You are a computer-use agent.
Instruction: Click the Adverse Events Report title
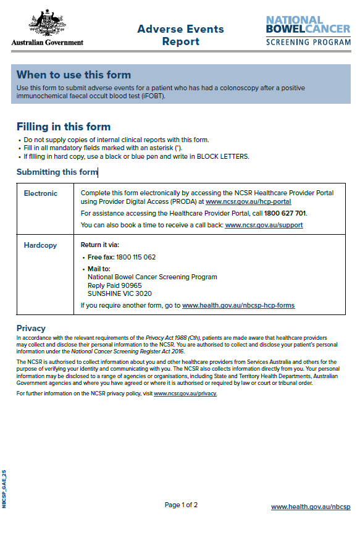[x=180, y=35]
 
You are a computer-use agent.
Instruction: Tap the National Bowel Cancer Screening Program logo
[x=308, y=31]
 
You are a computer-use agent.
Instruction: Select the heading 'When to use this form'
[x=73, y=75]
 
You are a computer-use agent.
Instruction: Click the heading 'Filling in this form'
[x=63, y=127]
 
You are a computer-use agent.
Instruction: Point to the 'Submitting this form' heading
[x=57, y=172]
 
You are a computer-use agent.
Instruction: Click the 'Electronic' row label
[x=41, y=193]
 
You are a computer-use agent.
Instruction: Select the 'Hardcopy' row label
[x=40, y=245]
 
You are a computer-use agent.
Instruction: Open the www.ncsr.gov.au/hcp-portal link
[x=248, y=201]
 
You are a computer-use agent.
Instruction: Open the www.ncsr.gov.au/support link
[x=264, y=225]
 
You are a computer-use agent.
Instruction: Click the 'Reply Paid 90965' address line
[x=115, y=285]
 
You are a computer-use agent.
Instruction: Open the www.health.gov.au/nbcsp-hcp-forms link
[x=238, y=305]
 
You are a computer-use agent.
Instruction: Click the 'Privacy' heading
[x=31, y=328]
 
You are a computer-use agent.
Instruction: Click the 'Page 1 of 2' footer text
[x=181, y=505]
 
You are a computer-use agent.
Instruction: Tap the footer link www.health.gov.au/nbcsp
[x=311, y=507]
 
